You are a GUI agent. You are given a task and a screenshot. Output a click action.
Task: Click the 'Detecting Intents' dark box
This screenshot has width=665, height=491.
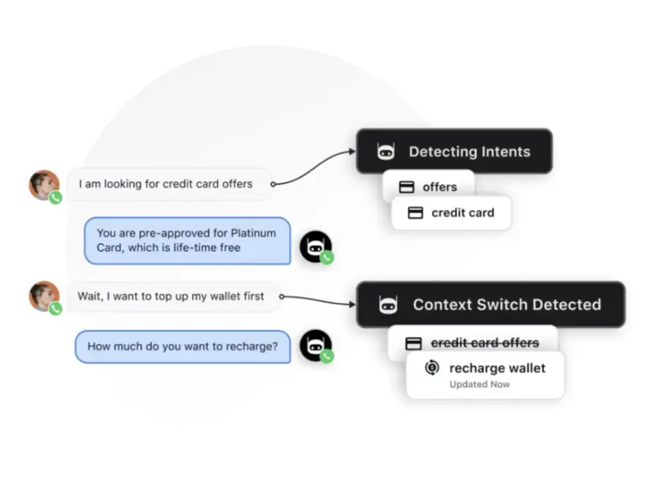(454, 151)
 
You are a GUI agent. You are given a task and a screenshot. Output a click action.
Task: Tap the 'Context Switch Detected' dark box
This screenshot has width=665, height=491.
(490, 304)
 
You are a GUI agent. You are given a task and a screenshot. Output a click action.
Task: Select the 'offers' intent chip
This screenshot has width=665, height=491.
(429, 187)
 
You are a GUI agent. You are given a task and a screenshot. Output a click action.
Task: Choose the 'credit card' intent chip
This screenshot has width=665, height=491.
(452, 213)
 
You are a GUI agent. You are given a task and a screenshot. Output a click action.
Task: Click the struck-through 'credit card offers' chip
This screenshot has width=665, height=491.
(472, 343)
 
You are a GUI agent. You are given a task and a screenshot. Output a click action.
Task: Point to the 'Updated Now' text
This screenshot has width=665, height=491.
(480, 385)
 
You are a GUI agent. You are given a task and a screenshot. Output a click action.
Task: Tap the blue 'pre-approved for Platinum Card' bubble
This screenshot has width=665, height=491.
(187, 240)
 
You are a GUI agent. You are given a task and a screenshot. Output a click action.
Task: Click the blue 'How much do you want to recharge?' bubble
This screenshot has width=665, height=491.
(182, 347)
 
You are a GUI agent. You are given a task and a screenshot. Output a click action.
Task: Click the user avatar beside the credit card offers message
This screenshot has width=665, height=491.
(44, 184)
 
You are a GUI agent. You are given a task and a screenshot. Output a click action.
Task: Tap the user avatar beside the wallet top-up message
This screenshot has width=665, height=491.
(44, 296)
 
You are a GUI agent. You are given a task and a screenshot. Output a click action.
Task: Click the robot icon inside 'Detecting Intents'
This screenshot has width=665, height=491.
(385, 151)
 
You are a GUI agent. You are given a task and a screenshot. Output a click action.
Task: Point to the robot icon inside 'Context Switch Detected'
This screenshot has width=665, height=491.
(388, 304)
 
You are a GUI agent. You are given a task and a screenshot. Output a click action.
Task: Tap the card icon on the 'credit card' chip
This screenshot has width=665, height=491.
(416, 213)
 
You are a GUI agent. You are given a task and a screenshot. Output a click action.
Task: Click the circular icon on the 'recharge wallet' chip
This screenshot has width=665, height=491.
(432, 368)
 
